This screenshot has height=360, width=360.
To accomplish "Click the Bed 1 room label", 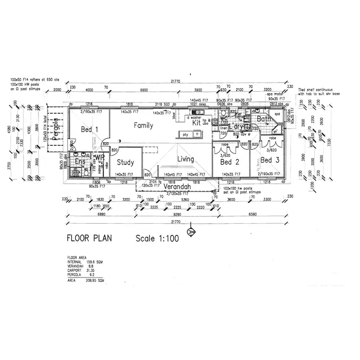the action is point(90,129).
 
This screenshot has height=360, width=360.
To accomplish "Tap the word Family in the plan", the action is point(143,126).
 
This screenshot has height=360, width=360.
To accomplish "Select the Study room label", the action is point(125,162).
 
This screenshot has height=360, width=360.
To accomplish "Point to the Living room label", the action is point(185,159).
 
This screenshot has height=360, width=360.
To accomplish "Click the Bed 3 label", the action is point(270,160).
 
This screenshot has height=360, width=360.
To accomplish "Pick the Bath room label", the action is point(264,119).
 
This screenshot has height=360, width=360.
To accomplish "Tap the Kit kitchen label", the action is point(196,123).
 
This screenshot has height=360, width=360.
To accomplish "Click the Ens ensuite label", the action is point(80,163).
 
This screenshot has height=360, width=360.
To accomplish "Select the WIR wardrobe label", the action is point(100,157).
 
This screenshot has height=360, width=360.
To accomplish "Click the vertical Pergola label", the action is point(56,128).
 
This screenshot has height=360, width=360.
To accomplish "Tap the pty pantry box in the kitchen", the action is point(185,134).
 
